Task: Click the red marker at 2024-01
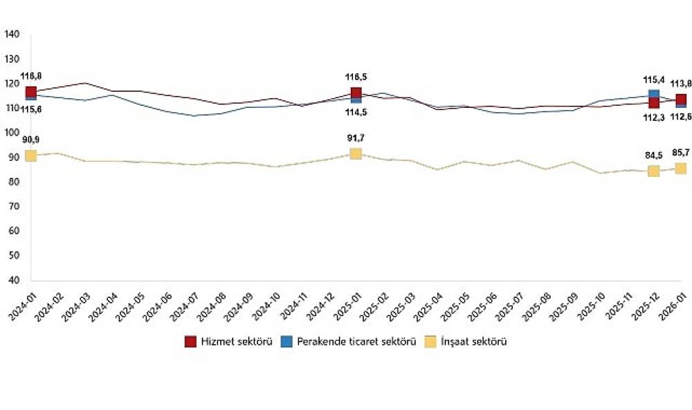pyautogui.click(x=30, y=92)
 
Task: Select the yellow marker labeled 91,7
pyautogui.click(x=356, y=153)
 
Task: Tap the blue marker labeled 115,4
pyautogui.click(x=653, y=95)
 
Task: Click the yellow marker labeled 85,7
pyautogui.click(x=681, y=168)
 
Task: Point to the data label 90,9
pyautogui.click(x=30, y=140)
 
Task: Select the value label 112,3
pyautogui.click(x=653, y=118)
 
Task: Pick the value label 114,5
pyautogui.click(x=356, y=112)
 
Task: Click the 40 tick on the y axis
pyautogui.click(x=14, y=280)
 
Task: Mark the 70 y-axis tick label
pyautogui.click(x=14, y=207)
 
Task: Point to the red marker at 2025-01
pyautogui.click(x=356, y=93)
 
